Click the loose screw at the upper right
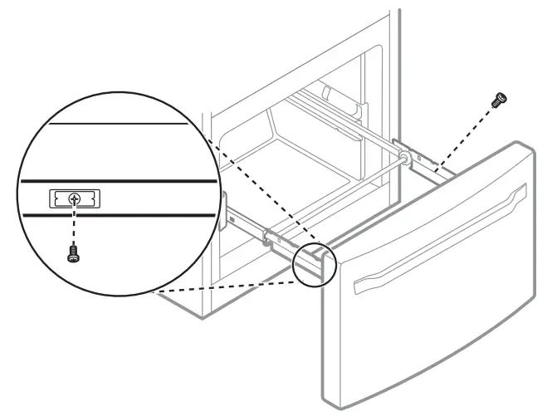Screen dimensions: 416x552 coord(500,99)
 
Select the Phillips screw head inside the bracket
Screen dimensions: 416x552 coord(75,198)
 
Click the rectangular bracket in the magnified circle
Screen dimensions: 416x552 coord(75,198)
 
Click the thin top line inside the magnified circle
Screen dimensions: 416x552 coord(116,125)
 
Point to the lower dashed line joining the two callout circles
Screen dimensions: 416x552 coord(224,286)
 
